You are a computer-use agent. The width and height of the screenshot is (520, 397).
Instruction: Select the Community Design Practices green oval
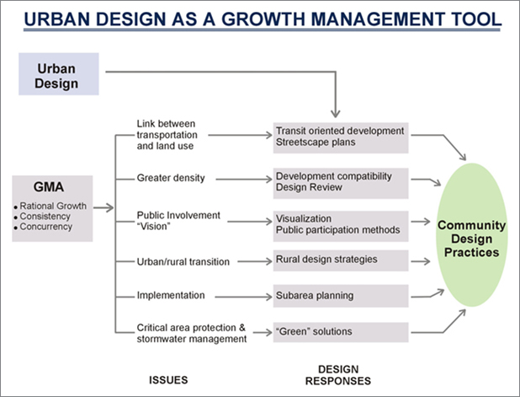(x=470, y=239)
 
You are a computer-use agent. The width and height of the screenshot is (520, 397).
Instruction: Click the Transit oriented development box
(x=341, y=137)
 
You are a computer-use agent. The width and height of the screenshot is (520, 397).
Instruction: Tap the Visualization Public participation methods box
(x=341, y=224)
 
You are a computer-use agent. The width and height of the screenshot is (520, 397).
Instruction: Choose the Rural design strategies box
(x=341, y=260)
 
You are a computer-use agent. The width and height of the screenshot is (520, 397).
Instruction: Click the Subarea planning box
(x=341, y=296)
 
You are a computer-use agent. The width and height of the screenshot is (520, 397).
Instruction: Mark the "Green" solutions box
(x=341, y=332)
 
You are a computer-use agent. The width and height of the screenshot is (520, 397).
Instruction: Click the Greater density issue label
(x=171, y=178)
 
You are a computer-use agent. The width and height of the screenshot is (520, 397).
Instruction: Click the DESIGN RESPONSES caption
(x=344, y=374)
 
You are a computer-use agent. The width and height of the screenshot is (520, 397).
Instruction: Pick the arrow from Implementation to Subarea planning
(x=238, y=296)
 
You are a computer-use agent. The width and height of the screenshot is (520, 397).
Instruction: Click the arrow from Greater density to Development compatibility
(x=236, y=178)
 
